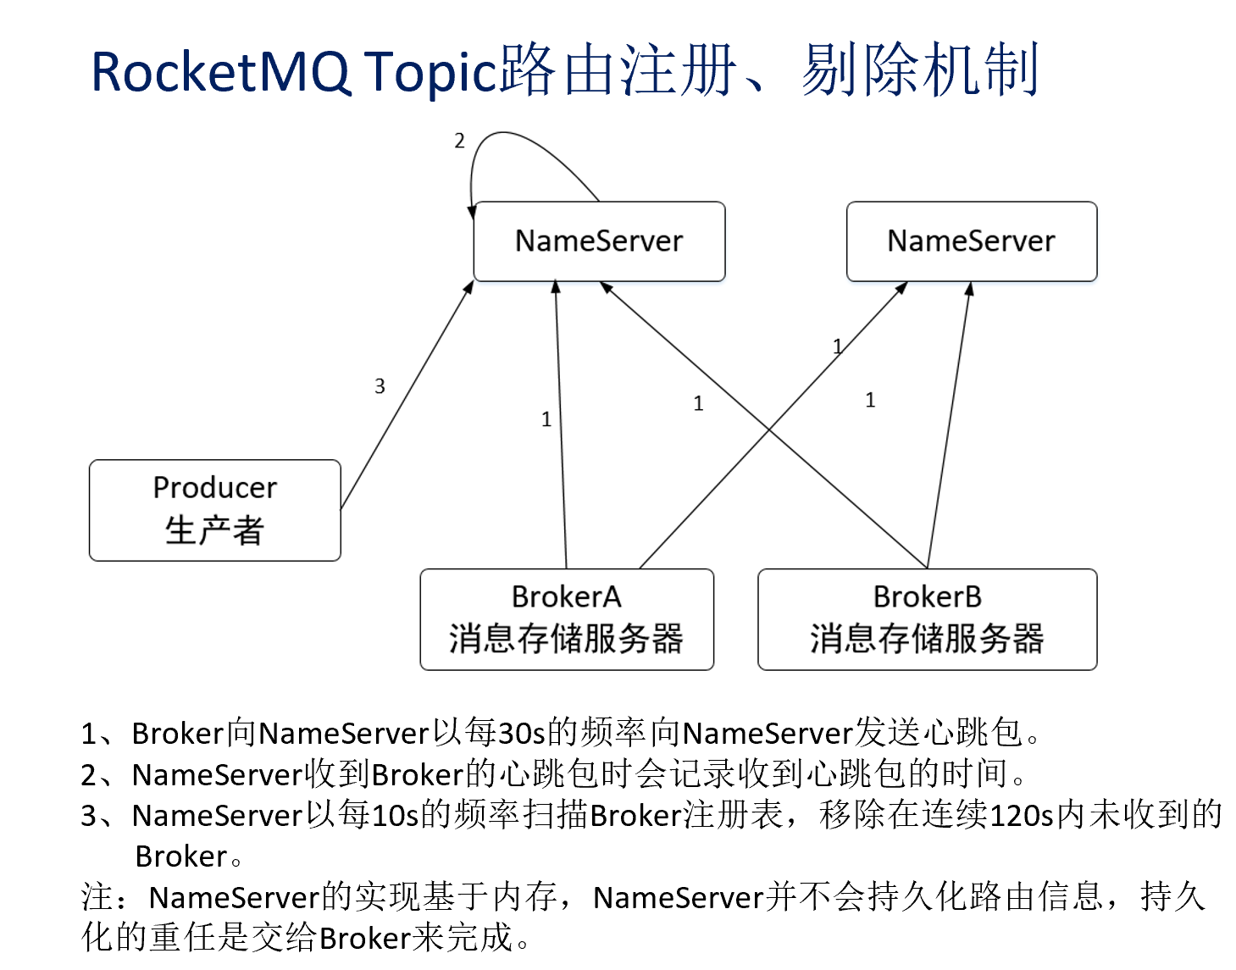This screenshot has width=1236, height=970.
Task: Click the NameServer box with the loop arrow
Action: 599,241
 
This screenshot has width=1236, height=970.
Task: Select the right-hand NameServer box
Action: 971,241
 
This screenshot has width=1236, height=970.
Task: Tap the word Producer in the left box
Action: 214,488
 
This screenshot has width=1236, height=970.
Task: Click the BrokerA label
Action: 566,597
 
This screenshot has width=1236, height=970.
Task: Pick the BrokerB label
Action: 927,597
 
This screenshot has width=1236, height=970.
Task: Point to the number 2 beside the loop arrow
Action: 459,141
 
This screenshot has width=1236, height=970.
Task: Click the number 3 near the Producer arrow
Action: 380,386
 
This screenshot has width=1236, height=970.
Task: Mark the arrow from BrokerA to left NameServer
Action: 561,424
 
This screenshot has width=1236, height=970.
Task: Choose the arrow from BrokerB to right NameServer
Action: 949,424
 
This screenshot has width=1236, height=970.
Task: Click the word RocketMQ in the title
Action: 220,72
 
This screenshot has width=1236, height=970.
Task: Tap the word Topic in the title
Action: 430,72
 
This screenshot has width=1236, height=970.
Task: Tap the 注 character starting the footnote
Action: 97,896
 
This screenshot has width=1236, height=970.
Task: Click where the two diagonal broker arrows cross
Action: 769,430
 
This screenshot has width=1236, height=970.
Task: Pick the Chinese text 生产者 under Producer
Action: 214,531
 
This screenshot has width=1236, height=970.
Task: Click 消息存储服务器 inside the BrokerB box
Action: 927,639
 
